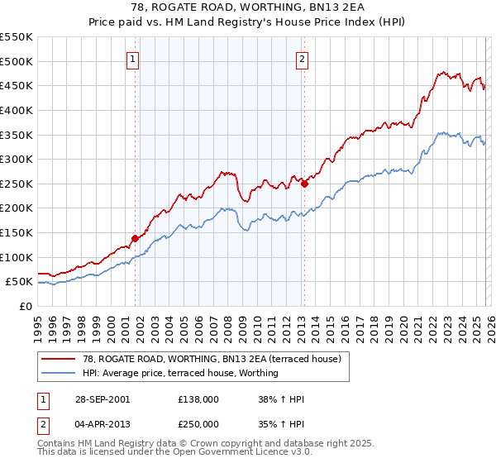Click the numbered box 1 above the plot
(x=133, y=59)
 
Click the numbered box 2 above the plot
(x=303, y=59)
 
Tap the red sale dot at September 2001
(x=135, y=238)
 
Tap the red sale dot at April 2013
(x=304, y=184)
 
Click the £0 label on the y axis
(x=25, y=307)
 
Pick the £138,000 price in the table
(x=198, y=399)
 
